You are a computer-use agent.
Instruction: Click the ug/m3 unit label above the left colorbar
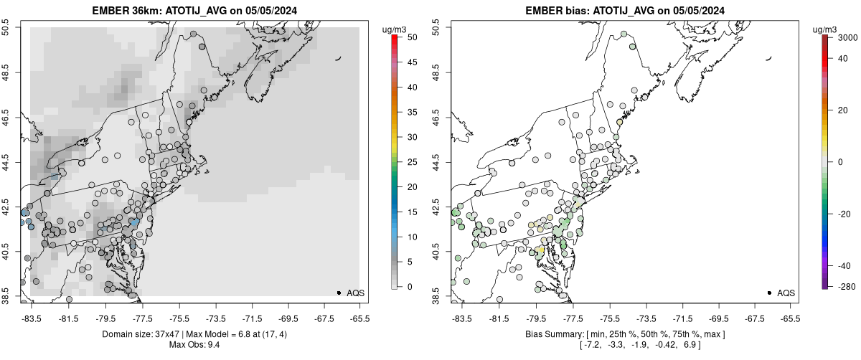coord(395,29)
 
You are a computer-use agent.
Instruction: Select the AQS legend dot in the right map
coord(769,293)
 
